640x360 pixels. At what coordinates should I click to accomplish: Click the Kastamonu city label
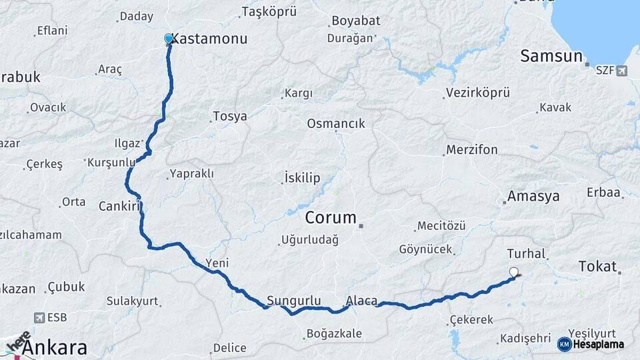click(209, 39)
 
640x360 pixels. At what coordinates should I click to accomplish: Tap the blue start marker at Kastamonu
click(169, 39)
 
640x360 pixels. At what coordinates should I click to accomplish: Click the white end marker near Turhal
click(513, 272)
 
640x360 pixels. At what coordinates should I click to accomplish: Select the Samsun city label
click(551, 56)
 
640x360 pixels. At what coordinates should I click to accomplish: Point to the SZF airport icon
click(622, 70)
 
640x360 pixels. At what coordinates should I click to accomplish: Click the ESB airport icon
click(40, 318)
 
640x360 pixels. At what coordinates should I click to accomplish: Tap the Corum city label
click(331, 218)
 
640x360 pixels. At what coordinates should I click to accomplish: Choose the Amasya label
click(533, 196)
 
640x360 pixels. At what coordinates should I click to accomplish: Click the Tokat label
click(597, 266)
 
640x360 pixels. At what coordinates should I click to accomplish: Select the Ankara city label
click(55, 347)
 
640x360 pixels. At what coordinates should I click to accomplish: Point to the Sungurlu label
click(294, 300)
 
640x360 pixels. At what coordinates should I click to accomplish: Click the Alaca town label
click(362, 300)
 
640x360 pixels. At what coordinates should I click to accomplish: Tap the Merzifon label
click(472, 149)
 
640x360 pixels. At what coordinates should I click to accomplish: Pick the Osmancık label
click(336, 123)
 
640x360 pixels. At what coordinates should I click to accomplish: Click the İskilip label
click(302, 178)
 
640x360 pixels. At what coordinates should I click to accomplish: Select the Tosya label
click(230, 117)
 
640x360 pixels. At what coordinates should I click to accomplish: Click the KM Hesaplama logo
click(591, 344)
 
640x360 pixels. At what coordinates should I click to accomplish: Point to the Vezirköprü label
click(478, 93)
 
